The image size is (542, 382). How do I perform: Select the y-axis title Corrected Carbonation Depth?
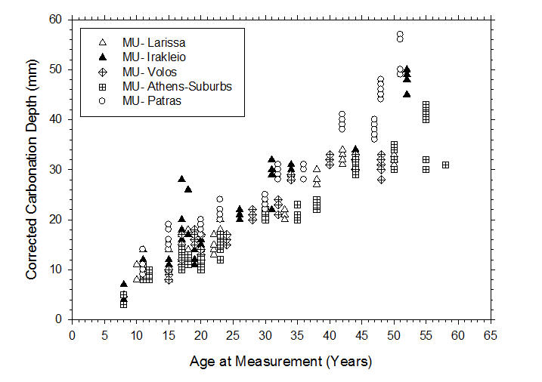point(32,170)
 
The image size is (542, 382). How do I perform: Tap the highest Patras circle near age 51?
point(400,34)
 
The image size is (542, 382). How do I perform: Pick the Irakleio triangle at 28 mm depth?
point(181,179)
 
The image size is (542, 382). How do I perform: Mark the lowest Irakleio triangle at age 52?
point(407,94)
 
